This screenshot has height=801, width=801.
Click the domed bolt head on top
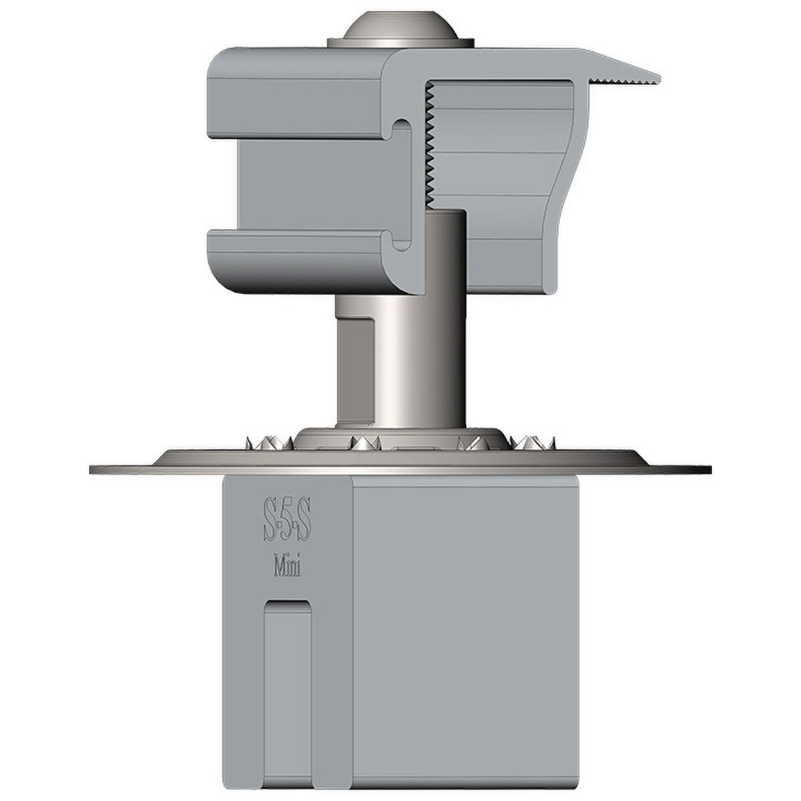click(x=400, y=27)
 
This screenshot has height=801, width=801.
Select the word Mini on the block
click(x=286, y=568)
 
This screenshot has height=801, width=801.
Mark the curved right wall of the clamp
click(x=564, y=200)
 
